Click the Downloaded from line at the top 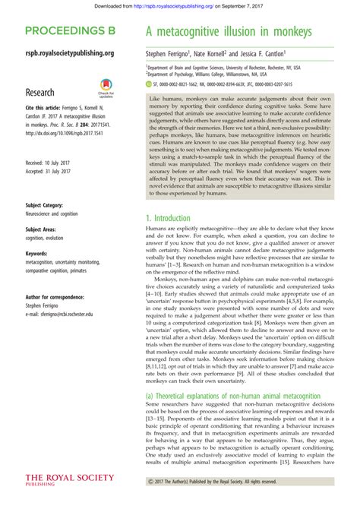tap(179, 5)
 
